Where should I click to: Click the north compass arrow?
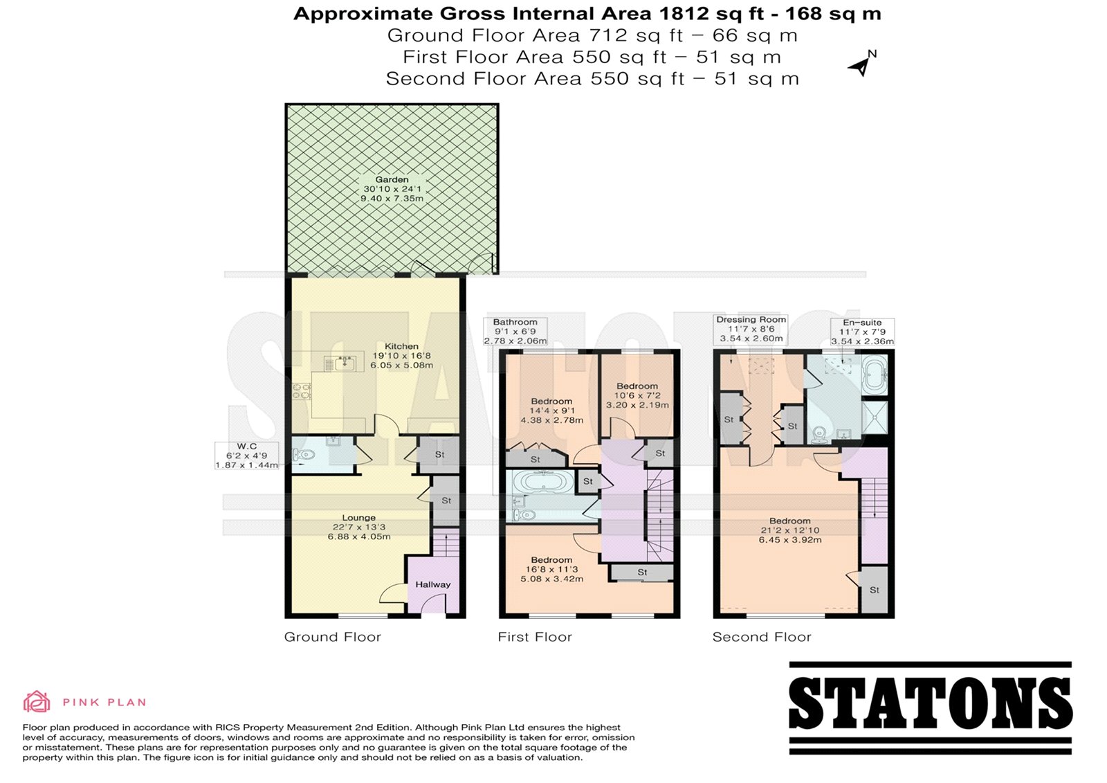pos(861,66)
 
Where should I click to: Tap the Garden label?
pos(392,180)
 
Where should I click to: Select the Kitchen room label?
pos(401,346)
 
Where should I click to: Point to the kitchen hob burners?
pos(301,391)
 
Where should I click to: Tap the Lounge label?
pos(359,518)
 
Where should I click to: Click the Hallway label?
pos(433,584)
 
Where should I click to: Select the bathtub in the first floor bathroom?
pos(543,480)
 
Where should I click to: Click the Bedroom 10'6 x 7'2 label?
pos(637,395)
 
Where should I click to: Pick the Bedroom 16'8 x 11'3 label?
pos(551,569)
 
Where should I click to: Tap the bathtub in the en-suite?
pos(875,375)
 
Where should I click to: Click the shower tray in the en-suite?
pos(875,417)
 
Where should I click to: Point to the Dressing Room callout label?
pos(751,329)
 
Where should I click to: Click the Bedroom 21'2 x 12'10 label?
pos(789,530)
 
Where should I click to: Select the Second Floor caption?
pos(762,637)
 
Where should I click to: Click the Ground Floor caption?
pos(333,637)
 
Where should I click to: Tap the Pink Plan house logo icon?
pos(37,701)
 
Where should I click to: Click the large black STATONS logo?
pos(930,708)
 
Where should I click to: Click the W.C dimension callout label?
pos(246,456)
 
